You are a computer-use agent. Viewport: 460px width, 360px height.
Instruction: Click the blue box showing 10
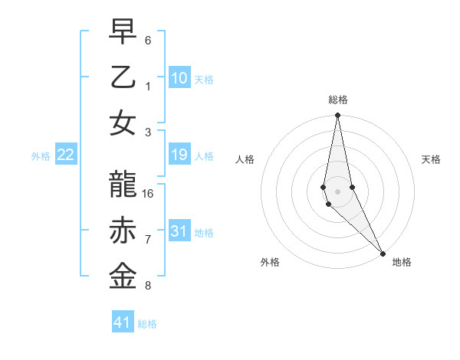(x=179, y=77)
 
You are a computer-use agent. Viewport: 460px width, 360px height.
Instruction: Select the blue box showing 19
(x=179, y=155)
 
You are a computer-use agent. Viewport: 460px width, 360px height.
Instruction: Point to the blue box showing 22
(x=66, y=155)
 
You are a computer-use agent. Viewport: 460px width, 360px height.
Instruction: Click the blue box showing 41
(x=123, y=322)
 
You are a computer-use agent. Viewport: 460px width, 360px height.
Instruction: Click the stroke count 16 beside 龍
(x=149, y=193)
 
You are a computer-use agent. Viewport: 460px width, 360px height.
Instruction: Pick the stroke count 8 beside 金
(x=148, y=286)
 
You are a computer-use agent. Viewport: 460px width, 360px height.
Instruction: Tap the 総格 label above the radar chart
(x=338, y=100)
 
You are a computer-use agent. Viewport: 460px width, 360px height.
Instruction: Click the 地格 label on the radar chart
(x=402, y=263)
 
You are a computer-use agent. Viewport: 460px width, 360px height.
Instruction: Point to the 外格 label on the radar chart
(x=270, y=263)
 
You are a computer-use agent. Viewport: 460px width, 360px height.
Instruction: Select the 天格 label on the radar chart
(x=431, y=159)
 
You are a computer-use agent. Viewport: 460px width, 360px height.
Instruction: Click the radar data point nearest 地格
(x=382, y=254)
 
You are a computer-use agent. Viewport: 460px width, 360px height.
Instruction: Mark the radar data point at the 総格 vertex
(x=337, y=116)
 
